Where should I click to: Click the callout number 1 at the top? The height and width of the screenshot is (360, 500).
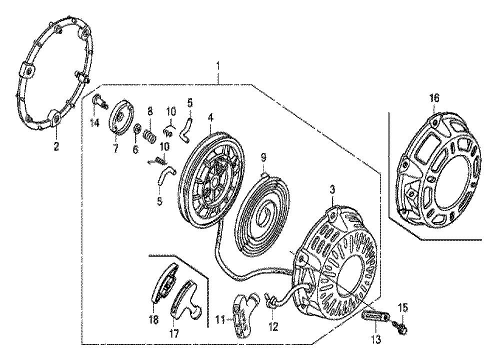click(x=218, y=66)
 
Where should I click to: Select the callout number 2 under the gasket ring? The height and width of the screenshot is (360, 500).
click(x=56, y=147)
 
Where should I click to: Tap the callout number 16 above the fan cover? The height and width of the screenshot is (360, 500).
click(x=434, y=97)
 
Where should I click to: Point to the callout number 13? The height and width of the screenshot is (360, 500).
click(x=376, y=339)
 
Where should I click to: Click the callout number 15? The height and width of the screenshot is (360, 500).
click(x=403, y=308)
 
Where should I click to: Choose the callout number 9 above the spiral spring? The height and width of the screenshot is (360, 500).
click(x=263, y=157)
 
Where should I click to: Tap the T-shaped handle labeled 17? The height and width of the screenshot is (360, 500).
click(x=186, y=299)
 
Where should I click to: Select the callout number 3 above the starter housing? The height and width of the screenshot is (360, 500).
click(x=332, y=190)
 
